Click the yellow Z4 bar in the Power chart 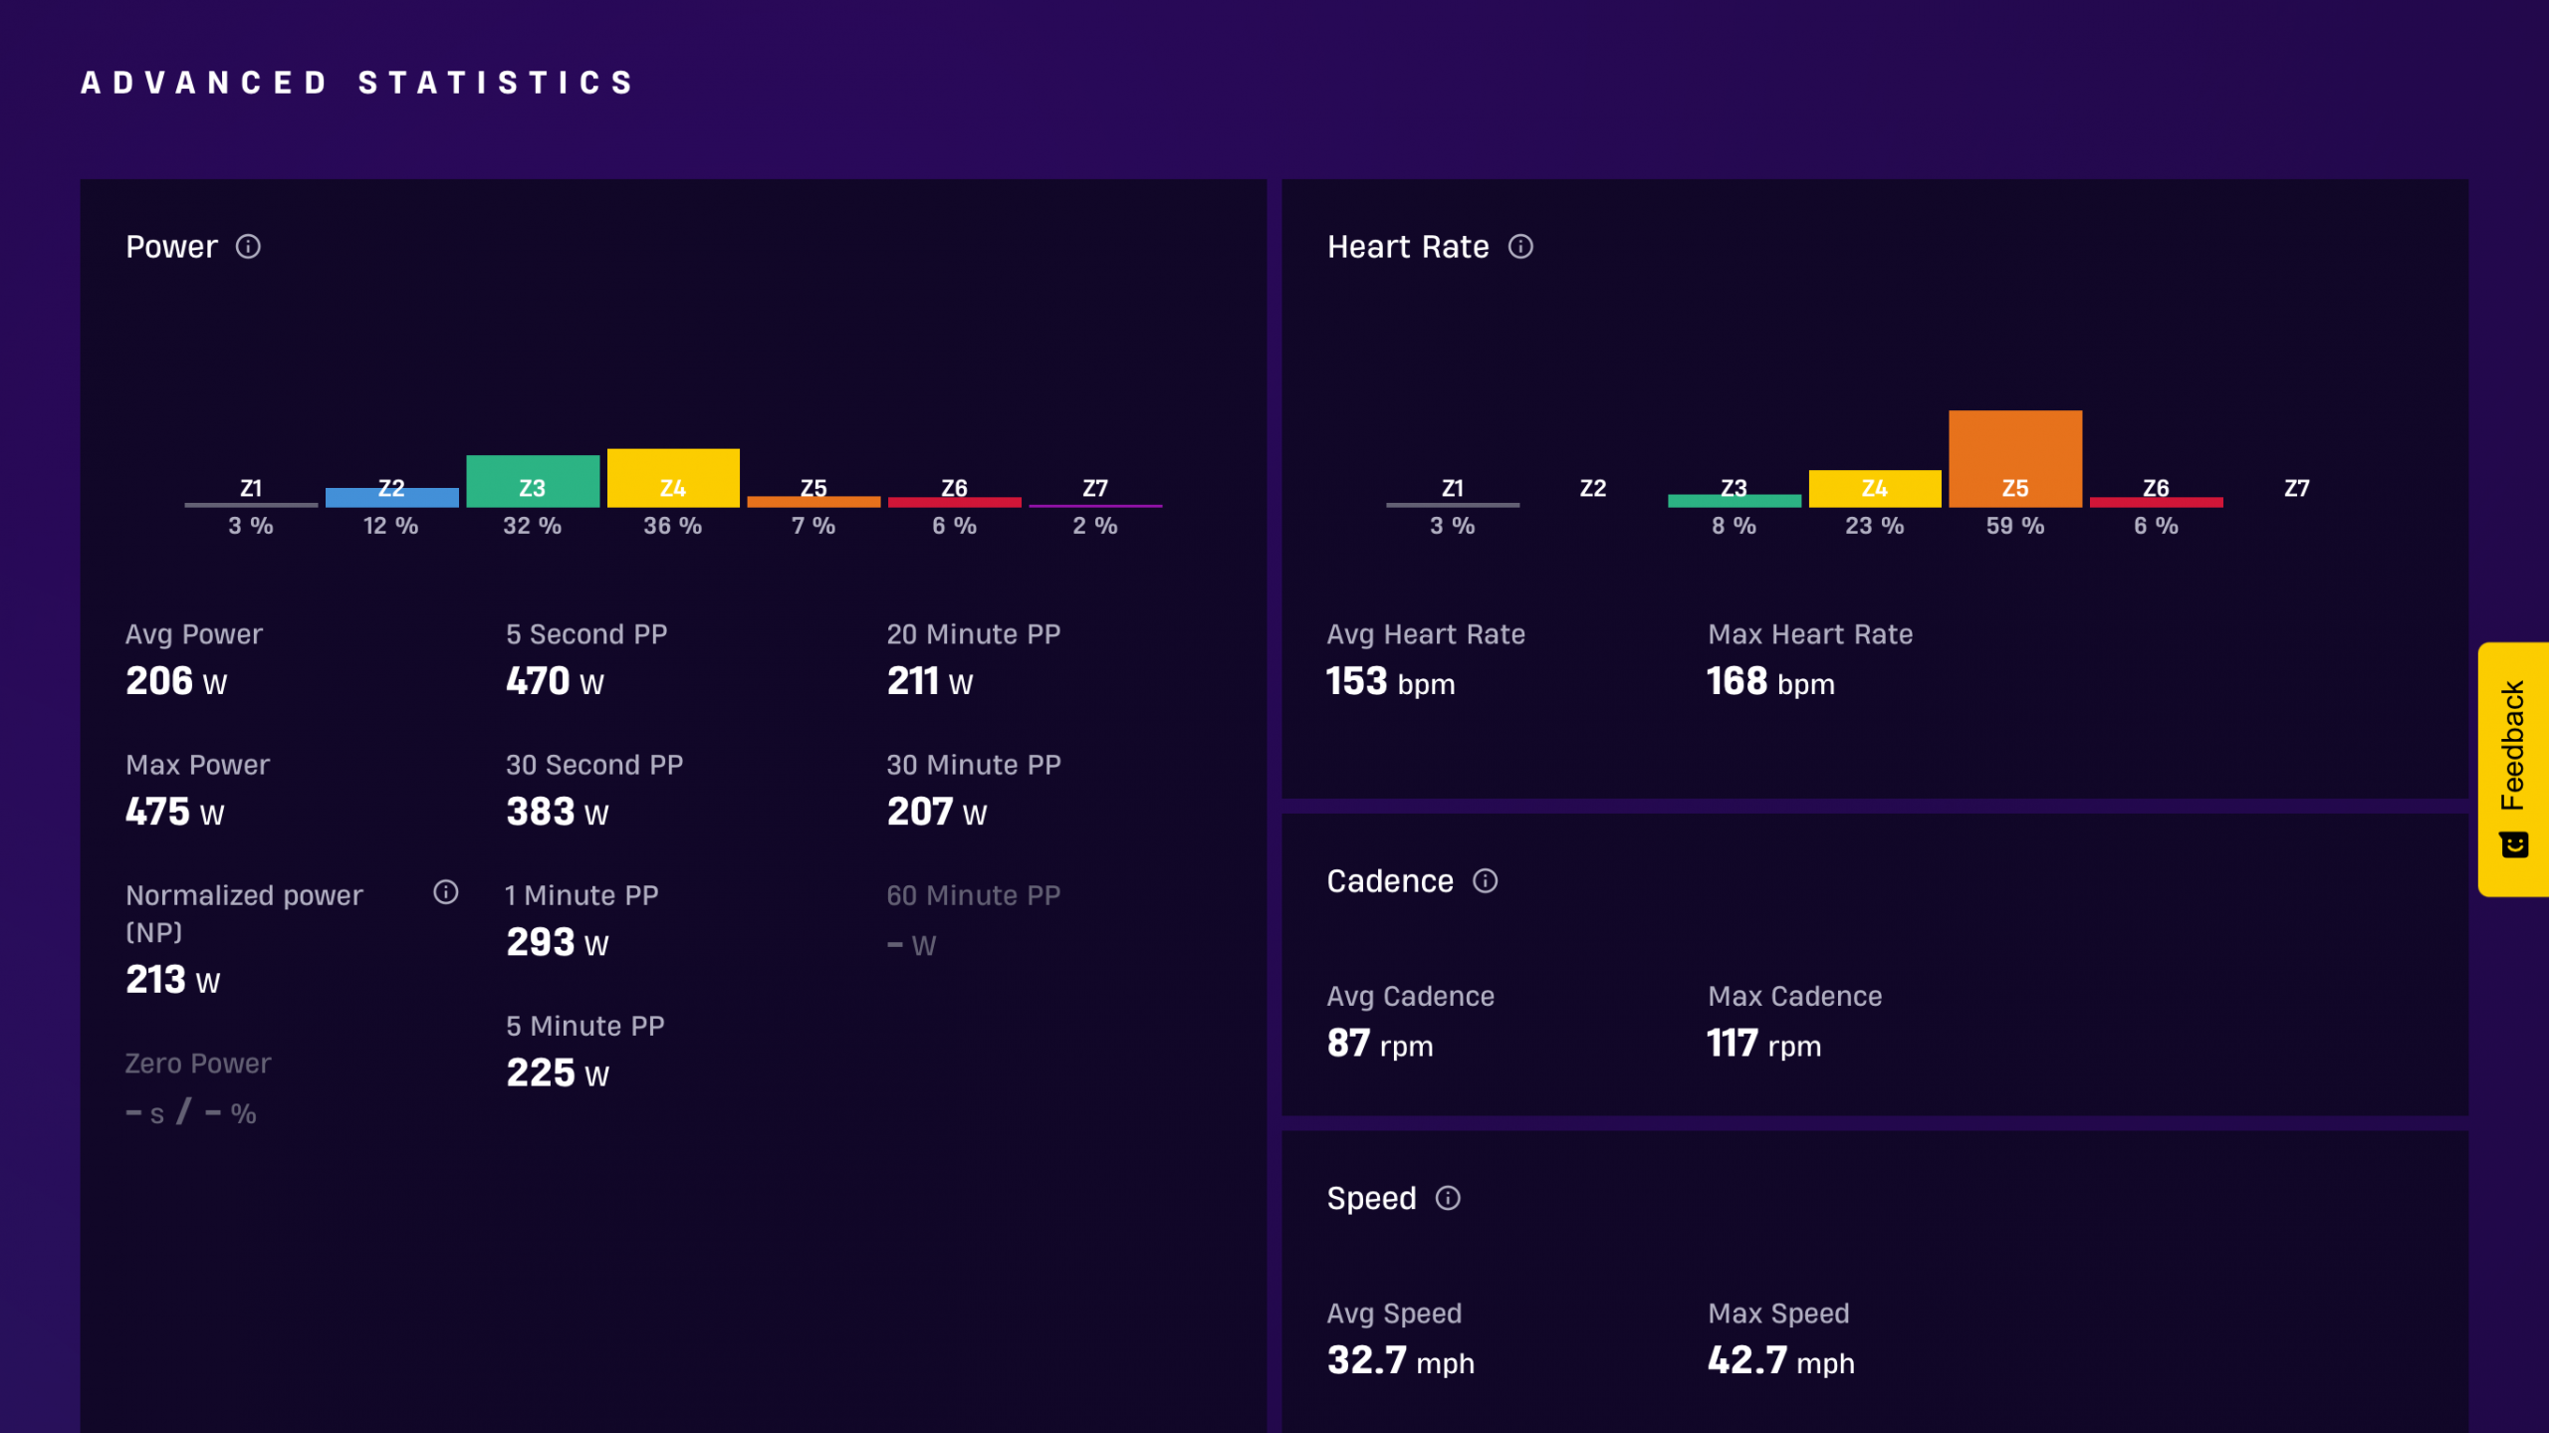pos(673,478)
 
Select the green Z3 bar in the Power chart pos(533,482)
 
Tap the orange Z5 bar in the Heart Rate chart pos(2015,459)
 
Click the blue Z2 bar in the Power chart pos(392,498)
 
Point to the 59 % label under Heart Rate pos(2015,526)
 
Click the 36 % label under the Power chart pos(673,526)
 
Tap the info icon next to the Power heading pos(248,247)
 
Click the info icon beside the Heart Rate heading pos(1520,247)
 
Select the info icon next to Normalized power pos(446,892)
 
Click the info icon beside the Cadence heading pos(1485,881)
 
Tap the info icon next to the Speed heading pos(1448,1198)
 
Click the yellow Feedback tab pos(2513,770)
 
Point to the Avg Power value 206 pos(159,681)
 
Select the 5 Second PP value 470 pos(538,681)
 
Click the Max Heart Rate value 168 pos(1738,681)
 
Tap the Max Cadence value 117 pos(1733,1044)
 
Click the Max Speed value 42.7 pos(1747,1360)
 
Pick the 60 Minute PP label pos(974,895)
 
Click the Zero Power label pos(198,1064)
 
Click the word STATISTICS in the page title pos(496,83)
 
